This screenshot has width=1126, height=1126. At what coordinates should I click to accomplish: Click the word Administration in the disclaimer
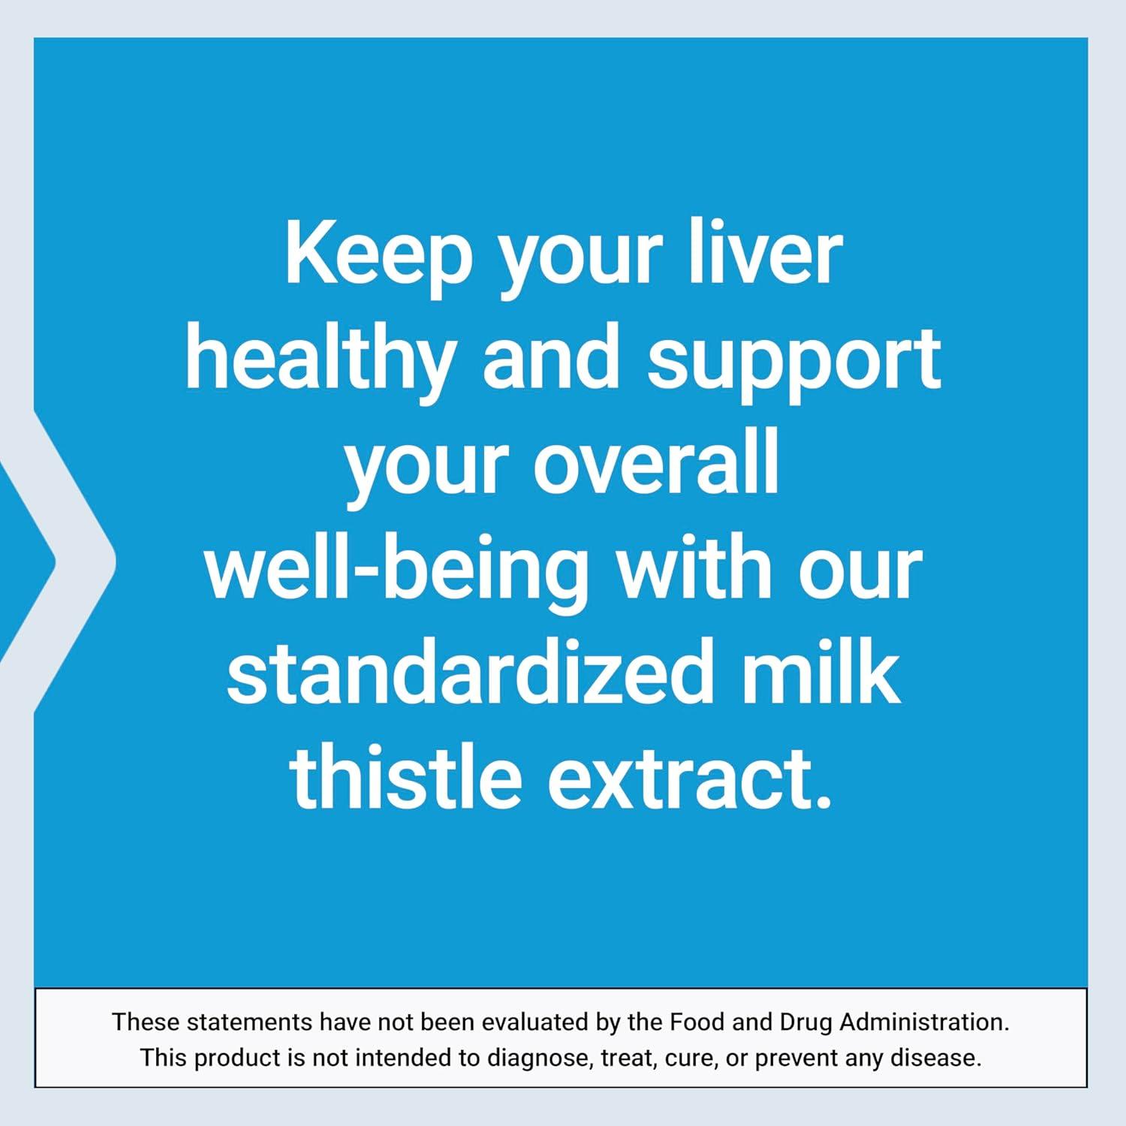pos(924,1022)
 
